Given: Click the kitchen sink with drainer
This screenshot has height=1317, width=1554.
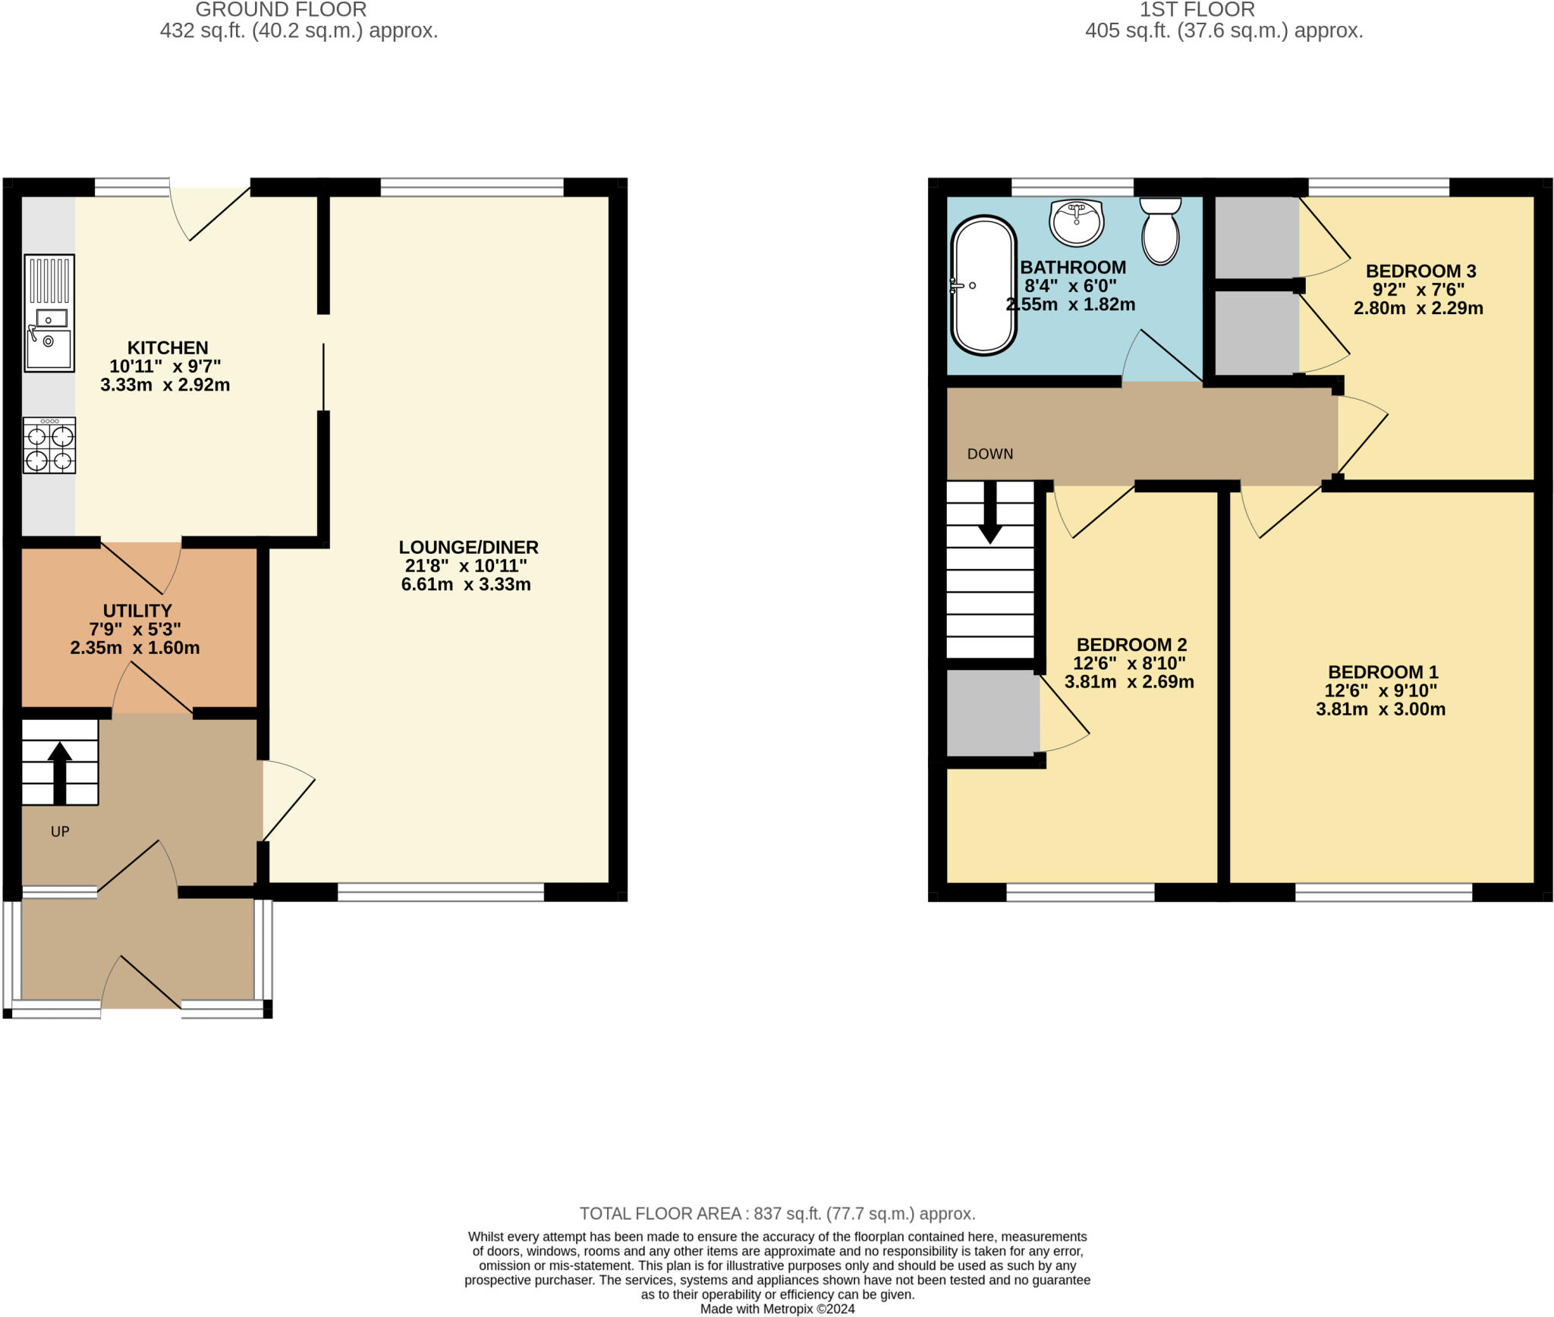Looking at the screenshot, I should pyautogui.click(x=49, y=313).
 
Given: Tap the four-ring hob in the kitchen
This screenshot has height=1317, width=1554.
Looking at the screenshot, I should pyautogui.click(x=49, y=446).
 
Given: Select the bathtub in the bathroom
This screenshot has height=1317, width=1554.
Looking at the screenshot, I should pyautogui.click(x=983, y=285).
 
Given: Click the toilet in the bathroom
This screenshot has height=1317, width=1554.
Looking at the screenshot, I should pyautogui.click(x=1160, y=231).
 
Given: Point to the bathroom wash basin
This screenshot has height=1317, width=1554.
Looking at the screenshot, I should pyautogui.click(x=1076, y=222).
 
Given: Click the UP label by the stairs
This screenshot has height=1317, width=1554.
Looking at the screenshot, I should pyautogui.click(x=60, y=831).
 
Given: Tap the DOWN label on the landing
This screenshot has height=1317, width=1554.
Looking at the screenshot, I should pyautogui.click(x=989, y=454).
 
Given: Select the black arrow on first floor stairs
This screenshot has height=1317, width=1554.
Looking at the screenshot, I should pyautogui.click(x=989, y=514).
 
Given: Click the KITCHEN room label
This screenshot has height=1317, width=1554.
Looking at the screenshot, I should pyautogui.click(x=168, y=347).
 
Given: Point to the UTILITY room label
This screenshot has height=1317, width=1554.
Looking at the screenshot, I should pyautogui.click(x=137, y=611).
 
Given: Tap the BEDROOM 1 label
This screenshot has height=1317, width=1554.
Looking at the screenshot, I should pyautogui.click(x=1383, y=671).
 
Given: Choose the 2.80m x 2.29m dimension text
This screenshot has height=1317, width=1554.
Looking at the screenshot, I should pyautogui.click(x=1417, y=308).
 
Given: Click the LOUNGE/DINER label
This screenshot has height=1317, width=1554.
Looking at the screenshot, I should pyautogui.click(x=468, y=547).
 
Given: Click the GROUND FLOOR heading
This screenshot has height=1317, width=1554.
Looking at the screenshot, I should pyautogui.click(x=281, y=10).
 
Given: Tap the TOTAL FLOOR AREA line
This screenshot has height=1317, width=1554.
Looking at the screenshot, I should pyautogui.click(x=777, y=1213).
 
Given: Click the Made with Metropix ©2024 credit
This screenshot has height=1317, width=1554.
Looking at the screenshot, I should pyautogui.click(x=777, y=1309).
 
